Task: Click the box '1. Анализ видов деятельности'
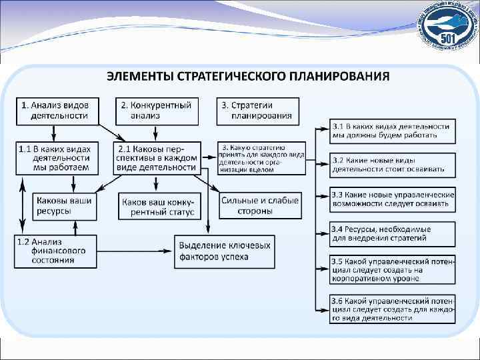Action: tap(57, 111)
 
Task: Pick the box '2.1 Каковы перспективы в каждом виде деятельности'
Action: tap(158, 158)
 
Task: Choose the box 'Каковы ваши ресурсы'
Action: tap(64, 205)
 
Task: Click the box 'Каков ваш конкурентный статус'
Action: tap(158, 205)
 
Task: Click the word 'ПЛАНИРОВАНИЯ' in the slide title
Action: tap(335, 75)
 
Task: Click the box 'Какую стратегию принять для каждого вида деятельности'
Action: tap(262, 159)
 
